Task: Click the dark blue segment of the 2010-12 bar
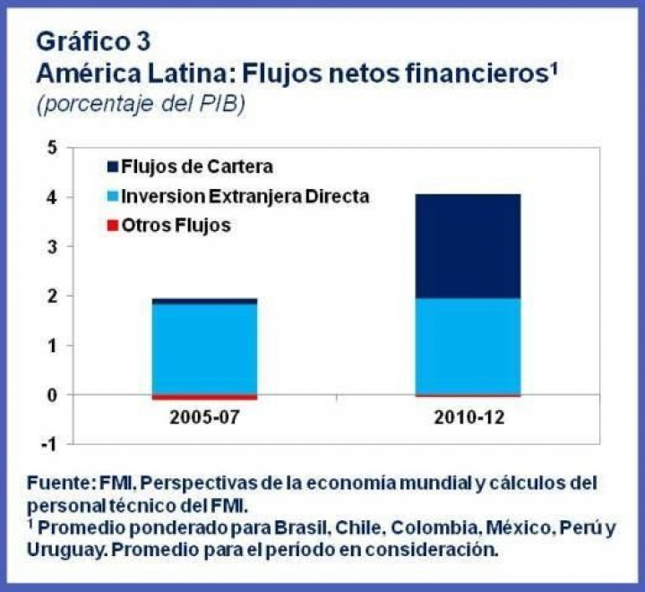tap(468, 246)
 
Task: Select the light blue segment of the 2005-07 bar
tap(205, 349)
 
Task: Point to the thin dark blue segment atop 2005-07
tap(205, 301)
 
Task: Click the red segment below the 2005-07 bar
tap(205, 397)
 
